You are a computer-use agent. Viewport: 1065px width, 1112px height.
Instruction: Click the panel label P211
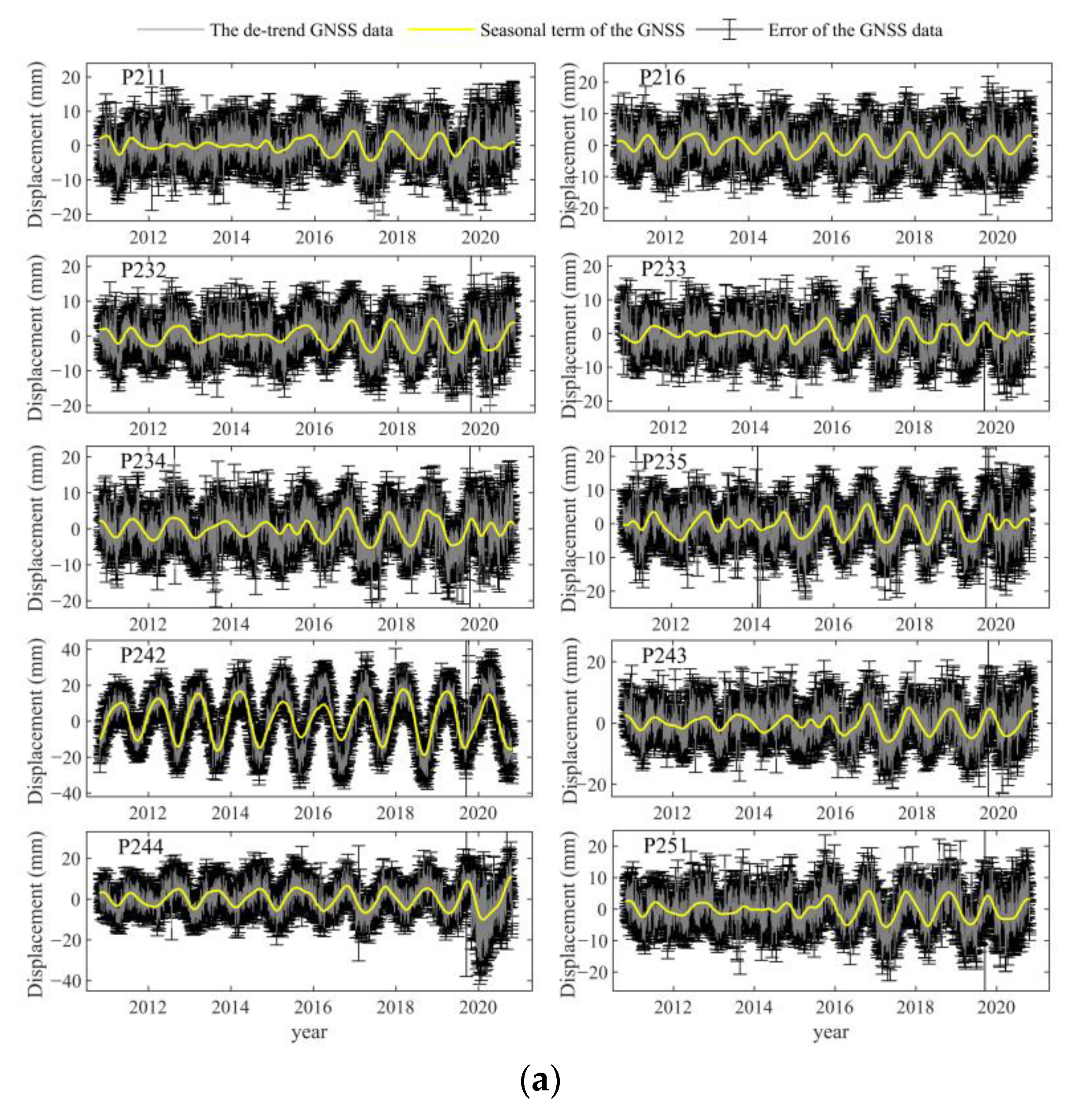tap(144, 77)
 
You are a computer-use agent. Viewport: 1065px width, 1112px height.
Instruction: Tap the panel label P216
tap(662, 77)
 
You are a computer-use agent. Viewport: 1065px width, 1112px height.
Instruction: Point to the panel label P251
tap(666, 846)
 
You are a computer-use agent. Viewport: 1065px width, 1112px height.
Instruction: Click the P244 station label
tap(141, 846)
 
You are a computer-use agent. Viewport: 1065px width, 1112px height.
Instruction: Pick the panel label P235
tap(664, 462)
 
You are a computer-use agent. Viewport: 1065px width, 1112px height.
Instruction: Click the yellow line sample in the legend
tap(441, 30)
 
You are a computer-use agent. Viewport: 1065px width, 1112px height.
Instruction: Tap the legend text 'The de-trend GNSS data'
tap(301, 30)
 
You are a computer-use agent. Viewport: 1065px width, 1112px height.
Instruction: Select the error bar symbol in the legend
tap(729, 30)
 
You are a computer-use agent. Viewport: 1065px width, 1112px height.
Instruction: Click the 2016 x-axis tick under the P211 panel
tap(314, 237)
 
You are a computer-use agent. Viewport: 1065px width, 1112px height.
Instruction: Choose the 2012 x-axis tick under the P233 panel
tap(668, 427)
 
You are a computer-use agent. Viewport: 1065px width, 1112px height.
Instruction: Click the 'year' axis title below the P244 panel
tap(309, 1032)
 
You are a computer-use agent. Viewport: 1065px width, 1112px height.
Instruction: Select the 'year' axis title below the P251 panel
tap(831, 1032)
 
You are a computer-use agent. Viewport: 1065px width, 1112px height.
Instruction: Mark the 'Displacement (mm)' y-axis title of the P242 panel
tap(36, 721)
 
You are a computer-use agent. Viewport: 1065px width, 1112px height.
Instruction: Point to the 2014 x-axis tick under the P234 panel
tap(230, 624)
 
